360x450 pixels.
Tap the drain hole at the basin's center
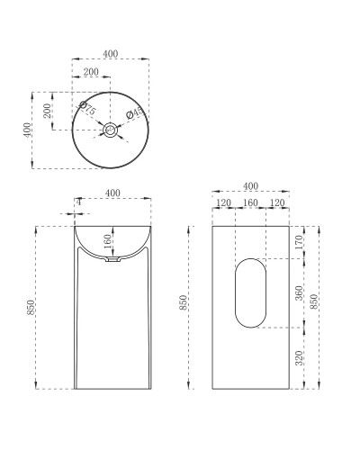111,130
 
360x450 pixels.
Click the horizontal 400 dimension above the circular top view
111,54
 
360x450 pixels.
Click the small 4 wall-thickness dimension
79,202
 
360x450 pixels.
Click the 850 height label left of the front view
32,306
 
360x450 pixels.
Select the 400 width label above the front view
114,193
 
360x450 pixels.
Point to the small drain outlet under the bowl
111,261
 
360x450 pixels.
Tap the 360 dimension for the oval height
298,292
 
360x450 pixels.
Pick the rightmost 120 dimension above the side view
276,203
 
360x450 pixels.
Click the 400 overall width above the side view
250,186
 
